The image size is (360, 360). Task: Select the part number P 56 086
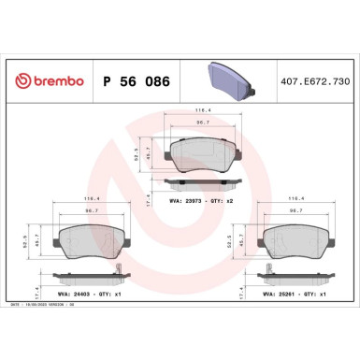click(x=136, y=81)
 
